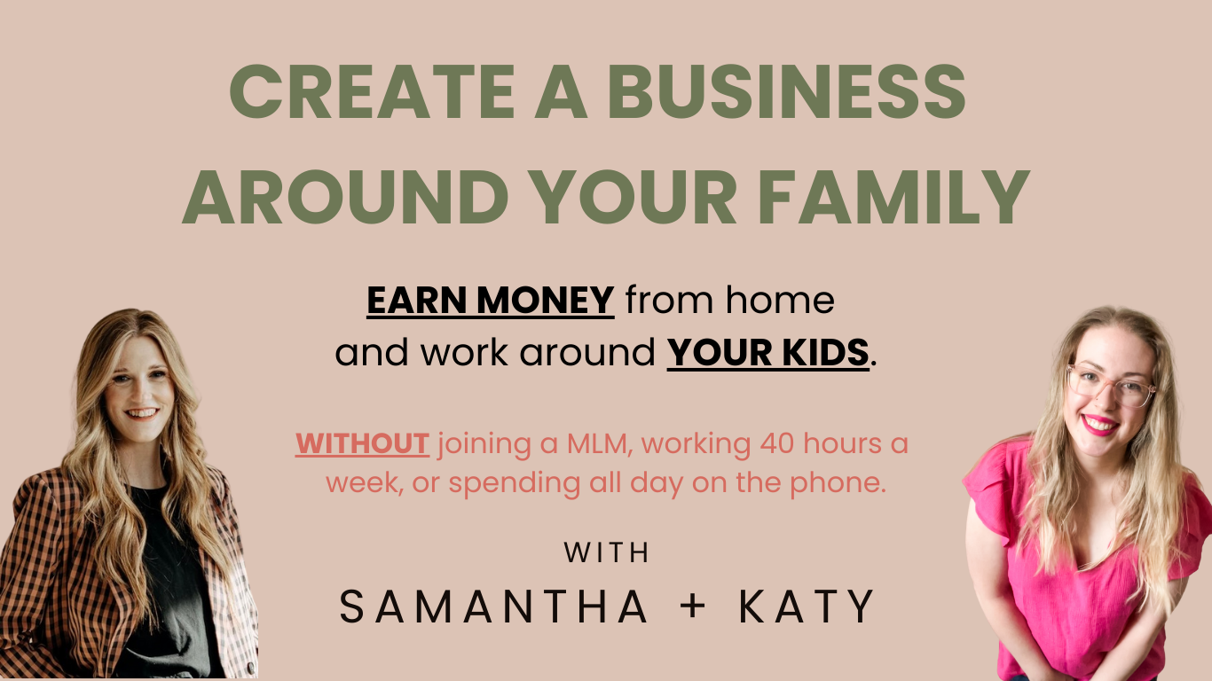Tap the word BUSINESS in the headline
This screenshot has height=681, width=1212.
tap(786, 91)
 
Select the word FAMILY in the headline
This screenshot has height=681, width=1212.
tap(893, 197)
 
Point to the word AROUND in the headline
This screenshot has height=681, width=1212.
tap(345, 197)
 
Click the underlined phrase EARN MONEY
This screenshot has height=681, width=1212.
tap(490, 301)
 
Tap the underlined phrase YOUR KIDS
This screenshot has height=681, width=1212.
tap(767, 353)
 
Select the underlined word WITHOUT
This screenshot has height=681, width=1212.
tap(363, 443)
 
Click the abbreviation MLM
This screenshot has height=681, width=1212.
tap(599, 444)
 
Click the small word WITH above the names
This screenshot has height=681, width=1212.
tap(606, 552)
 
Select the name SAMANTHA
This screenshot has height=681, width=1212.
tap(493, 607)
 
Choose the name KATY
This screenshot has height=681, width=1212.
tap(807, 607)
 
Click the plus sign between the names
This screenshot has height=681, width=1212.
tap(693, 607)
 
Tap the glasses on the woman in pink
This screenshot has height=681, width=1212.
tap(1110, 386)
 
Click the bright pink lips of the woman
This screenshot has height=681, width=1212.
tap(1099, 425)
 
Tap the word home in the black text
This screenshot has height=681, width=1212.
tap(780, 300)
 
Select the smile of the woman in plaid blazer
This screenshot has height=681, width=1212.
tap(142, 414)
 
